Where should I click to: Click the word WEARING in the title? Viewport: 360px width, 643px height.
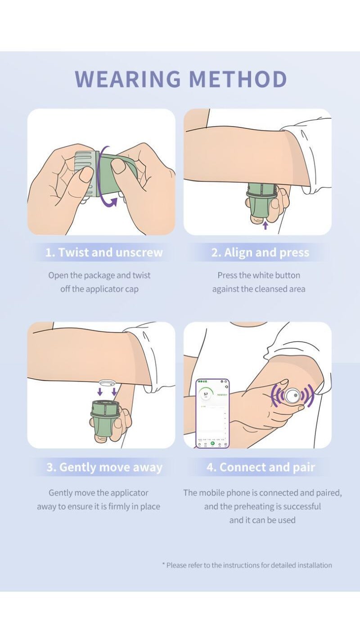[x=128, y=79]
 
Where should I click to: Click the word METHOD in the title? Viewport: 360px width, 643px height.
[x=238, y=79]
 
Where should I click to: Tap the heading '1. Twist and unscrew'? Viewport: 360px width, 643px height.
[x=104, y=252]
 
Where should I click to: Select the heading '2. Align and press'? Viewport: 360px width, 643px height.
[x=260, y=252]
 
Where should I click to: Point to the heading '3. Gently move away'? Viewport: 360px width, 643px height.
[x=104, y=467]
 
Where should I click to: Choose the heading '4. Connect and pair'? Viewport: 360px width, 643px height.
[x=261, y=467]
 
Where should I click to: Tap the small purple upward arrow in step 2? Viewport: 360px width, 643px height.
[x=265, y=225]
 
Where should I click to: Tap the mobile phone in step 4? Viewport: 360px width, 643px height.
[x=212, y=413]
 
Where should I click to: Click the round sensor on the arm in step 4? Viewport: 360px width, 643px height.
[x=292, y=396]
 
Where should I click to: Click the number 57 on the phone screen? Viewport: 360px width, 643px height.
[x=206, y=394]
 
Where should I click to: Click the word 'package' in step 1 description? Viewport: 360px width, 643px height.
[x=99, y=276]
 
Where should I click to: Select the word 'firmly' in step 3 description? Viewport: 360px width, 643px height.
[x=119, y=507]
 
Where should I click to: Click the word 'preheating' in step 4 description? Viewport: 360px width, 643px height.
[x=251, y=507]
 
